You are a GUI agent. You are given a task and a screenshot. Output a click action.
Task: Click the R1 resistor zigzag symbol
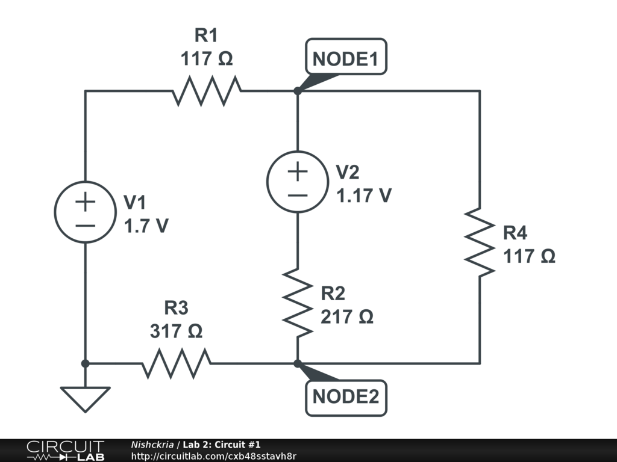click(x=207, y=91)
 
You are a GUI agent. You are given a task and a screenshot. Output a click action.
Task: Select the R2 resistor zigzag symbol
click(x=298, y=302)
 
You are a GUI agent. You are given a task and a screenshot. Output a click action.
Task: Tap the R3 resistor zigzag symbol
click(x=177, y=363)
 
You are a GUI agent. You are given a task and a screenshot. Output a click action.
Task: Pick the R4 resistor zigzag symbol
click(x=480, y=242)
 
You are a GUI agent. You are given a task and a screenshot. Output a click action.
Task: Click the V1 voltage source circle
click(x=85, y=212)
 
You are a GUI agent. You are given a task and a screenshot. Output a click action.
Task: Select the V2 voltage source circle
click(x=298, y=182)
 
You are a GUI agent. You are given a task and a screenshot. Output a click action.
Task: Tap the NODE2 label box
click(x=345, y=397)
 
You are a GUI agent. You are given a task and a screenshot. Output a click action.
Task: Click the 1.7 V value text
click(x=146, y=226)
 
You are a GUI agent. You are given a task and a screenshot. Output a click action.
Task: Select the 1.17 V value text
click(x=364, y=196)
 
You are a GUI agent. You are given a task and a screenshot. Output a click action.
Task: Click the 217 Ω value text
click(x=346, y=316)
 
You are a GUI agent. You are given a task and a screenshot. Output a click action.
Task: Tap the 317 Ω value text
click(x=176, y=331)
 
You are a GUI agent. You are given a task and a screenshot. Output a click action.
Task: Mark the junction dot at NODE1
click(x=298, y=91)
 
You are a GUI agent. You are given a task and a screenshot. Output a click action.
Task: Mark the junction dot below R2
click(x=298, y=363)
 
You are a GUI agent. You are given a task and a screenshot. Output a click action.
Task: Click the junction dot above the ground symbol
click(x=85, y=363)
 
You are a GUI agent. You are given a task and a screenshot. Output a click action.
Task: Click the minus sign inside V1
click(x=85, y=226)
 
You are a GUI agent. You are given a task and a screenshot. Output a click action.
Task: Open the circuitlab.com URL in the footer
click(x=213, y=456)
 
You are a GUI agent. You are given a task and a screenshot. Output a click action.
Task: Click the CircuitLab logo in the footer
click(x=65, y=451)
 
